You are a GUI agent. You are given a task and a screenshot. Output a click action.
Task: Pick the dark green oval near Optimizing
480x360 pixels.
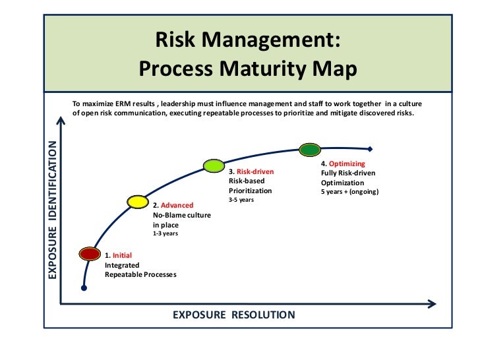(x=309, y=150)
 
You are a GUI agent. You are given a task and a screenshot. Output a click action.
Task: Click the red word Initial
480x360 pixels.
(x=122, y=255)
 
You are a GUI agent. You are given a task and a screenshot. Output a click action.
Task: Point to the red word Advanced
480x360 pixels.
(x=177, y=206)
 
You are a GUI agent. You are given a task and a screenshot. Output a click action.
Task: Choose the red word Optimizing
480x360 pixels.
(x=347, y=164)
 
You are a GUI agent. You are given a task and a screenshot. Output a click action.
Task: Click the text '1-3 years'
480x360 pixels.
(x=165, y=233)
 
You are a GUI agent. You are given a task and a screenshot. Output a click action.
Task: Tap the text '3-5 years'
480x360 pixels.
(x=241, y=199)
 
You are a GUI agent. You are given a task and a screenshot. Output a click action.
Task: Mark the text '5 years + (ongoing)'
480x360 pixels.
(x=350, y=192)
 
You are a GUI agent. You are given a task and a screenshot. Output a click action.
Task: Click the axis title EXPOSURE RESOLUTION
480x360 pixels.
(x=234, y=315)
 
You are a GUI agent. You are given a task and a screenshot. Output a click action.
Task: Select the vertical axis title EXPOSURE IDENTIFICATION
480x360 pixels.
(x=54, y=210)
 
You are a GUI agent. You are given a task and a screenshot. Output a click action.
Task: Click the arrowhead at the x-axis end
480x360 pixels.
(x=432, y=303)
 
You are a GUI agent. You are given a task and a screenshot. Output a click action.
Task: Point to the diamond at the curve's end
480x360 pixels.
(x=371, y=148)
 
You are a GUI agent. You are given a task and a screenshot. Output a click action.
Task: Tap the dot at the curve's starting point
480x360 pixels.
(x=83, y=288)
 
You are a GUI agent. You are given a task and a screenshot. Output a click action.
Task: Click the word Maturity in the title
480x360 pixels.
(x=263, y=69)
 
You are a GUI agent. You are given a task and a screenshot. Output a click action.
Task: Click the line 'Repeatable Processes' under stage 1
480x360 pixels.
(x=140, y=274)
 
